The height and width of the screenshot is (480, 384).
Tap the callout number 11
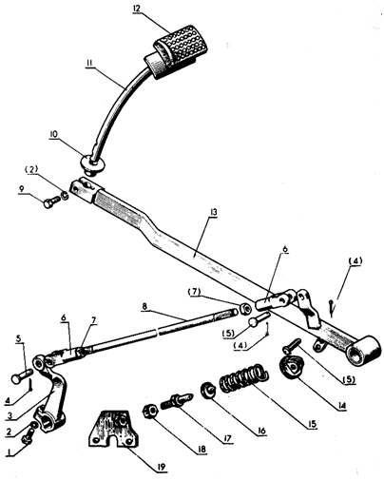pos(89,63)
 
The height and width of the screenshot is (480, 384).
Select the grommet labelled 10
pos(92,163)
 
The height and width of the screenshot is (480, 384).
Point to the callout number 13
pos(214,212)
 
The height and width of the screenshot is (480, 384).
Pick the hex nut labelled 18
pos(151,412)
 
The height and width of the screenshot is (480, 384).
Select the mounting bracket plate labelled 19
pos(114,429)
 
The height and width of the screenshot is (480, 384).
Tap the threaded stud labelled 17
pos(176,399)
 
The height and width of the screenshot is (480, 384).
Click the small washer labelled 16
pos(208,390)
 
